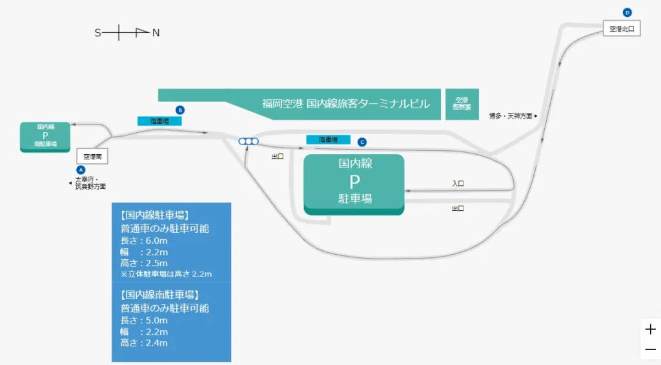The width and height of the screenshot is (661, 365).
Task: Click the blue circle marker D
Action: [x=627, y=12]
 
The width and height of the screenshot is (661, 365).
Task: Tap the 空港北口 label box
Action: [x=622, y=29]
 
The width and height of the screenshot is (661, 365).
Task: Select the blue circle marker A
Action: [x=81, y=169]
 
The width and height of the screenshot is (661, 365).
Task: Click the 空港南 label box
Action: [x=92, y=156]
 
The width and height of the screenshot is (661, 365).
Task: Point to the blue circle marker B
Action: [x=180, y=110]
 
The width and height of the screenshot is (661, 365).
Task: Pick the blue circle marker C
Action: [x=362, y=142]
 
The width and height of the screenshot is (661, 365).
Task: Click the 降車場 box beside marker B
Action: [x=159, y=121]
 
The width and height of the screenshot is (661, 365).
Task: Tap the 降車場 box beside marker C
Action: [x=328, y=139]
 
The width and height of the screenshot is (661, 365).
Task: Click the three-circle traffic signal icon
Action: [x=249, y=141]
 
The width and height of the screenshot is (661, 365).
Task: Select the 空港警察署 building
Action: [x=462, y=104]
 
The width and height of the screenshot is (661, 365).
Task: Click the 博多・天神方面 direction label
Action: [x=513, y=116]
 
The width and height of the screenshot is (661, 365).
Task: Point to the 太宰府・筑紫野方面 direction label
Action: [x=90, y=183]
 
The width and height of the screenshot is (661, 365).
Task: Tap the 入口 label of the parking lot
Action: [x=458, y=184]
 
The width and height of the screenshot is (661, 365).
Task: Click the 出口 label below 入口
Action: [x=458, y=208]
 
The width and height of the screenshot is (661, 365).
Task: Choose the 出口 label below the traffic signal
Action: [x=278, y=156]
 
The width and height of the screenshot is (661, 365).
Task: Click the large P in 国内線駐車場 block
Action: [x=354, y=181]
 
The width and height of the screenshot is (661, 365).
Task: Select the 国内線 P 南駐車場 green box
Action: [x=45, y=136]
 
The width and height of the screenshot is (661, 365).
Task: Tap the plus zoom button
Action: [x=650, y=330]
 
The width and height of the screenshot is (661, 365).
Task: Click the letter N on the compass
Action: [x=156, y=33]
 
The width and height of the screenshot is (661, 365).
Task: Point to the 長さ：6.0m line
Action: [x=145, y=240]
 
